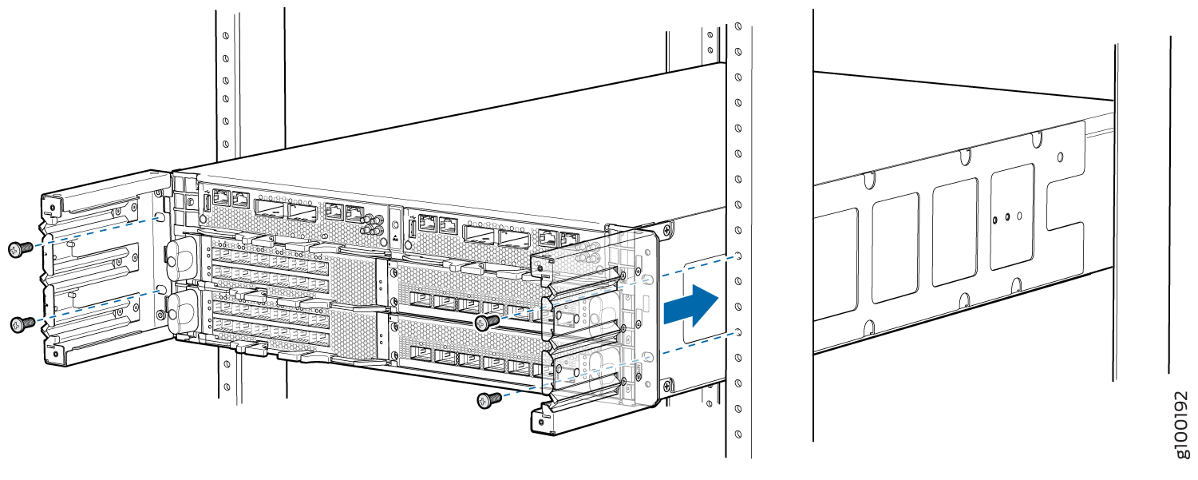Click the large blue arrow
tap(690, 306)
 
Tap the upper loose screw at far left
tap(20, 249)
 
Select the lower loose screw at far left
tap(22, 324)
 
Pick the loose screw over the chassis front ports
tap(487, 322)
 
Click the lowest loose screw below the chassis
tap(488, 400)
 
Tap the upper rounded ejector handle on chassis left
tap(180, 254)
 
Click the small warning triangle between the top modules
tap(395, 237)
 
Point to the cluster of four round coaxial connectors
tap(370, 225)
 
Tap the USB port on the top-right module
tap(413, 229)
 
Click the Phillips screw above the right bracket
tap(667, 230)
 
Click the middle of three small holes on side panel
tap(1007, 217)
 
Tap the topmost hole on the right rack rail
tap(737, 26)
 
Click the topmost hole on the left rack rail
tap(226, 35)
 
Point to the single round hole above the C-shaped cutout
tap(1061, 157)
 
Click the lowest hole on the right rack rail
tap(738, 434)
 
